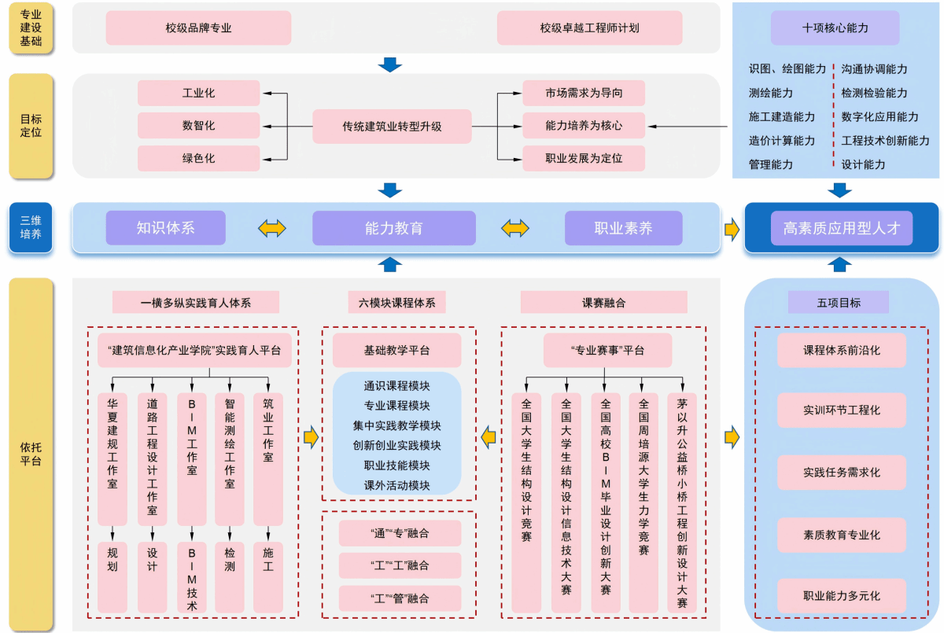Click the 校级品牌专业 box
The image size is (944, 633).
pyautogui.click(x=198, y=28)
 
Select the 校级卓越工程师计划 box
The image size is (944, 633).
pyautogui.click(x=589, y=28)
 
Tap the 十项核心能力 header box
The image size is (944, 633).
pyautogui.click(x=835, y=28)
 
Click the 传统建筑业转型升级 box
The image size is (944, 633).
pyautogui.click(x=392, y=127)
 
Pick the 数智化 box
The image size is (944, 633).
pyautogui.click(x=198, y=126)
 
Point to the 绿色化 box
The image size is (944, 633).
pyautogui.click(x=198, y=158)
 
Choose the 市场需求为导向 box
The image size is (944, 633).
pyautogui.click(x=584, y=93)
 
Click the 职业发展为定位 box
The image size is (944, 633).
pyautogui.click(x=584, y=158)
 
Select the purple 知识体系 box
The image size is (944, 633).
pyautogui.click(x=166, y=228)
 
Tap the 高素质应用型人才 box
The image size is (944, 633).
pyautogui.click(x=842, y=228)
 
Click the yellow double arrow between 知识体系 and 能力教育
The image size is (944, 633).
pyautogui.click(x=272, y=228)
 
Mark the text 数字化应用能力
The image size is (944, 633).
pyautogui.click(x=879, y=116)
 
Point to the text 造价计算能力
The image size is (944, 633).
pyautogui.click(x=782, y=141)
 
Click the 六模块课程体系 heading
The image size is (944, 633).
pyautogui.click(x=396, y=303)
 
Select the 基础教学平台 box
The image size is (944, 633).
pyautogui.click(x=396, y=351)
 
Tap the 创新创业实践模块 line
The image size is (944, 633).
pyautogui.click(x=396, y=446)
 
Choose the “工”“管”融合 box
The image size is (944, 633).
pyautogui.click(x=400, y=598)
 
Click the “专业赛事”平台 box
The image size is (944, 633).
pyautogui.click(x=607, y=351)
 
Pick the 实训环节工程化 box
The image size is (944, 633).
pyautogui.click(x=842, y=410)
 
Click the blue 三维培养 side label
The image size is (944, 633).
pyautogui.click(x=31, y=227)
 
